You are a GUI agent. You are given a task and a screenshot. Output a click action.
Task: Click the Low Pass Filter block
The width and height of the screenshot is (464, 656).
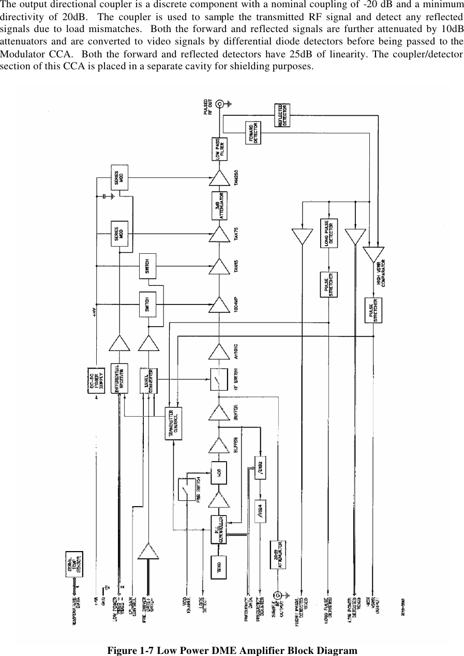[219, 147]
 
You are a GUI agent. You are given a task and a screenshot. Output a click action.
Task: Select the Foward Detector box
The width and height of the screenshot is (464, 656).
[253, 132]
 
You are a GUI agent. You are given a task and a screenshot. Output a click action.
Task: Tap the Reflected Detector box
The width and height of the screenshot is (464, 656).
[282, 115]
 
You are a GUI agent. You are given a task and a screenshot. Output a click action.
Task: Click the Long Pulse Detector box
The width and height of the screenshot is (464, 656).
[329, 233]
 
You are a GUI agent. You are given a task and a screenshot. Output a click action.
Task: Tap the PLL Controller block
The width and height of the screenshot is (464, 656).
[219, 529]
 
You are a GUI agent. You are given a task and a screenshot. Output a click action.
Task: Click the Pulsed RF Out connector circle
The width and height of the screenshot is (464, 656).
[219, 104]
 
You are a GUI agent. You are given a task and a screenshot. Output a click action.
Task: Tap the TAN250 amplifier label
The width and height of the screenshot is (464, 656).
[237, 182]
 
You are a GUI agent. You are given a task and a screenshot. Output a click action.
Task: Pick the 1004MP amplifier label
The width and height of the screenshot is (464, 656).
[237, 301]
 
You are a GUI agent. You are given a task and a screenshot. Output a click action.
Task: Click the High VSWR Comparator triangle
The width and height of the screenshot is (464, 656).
[373, 254]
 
